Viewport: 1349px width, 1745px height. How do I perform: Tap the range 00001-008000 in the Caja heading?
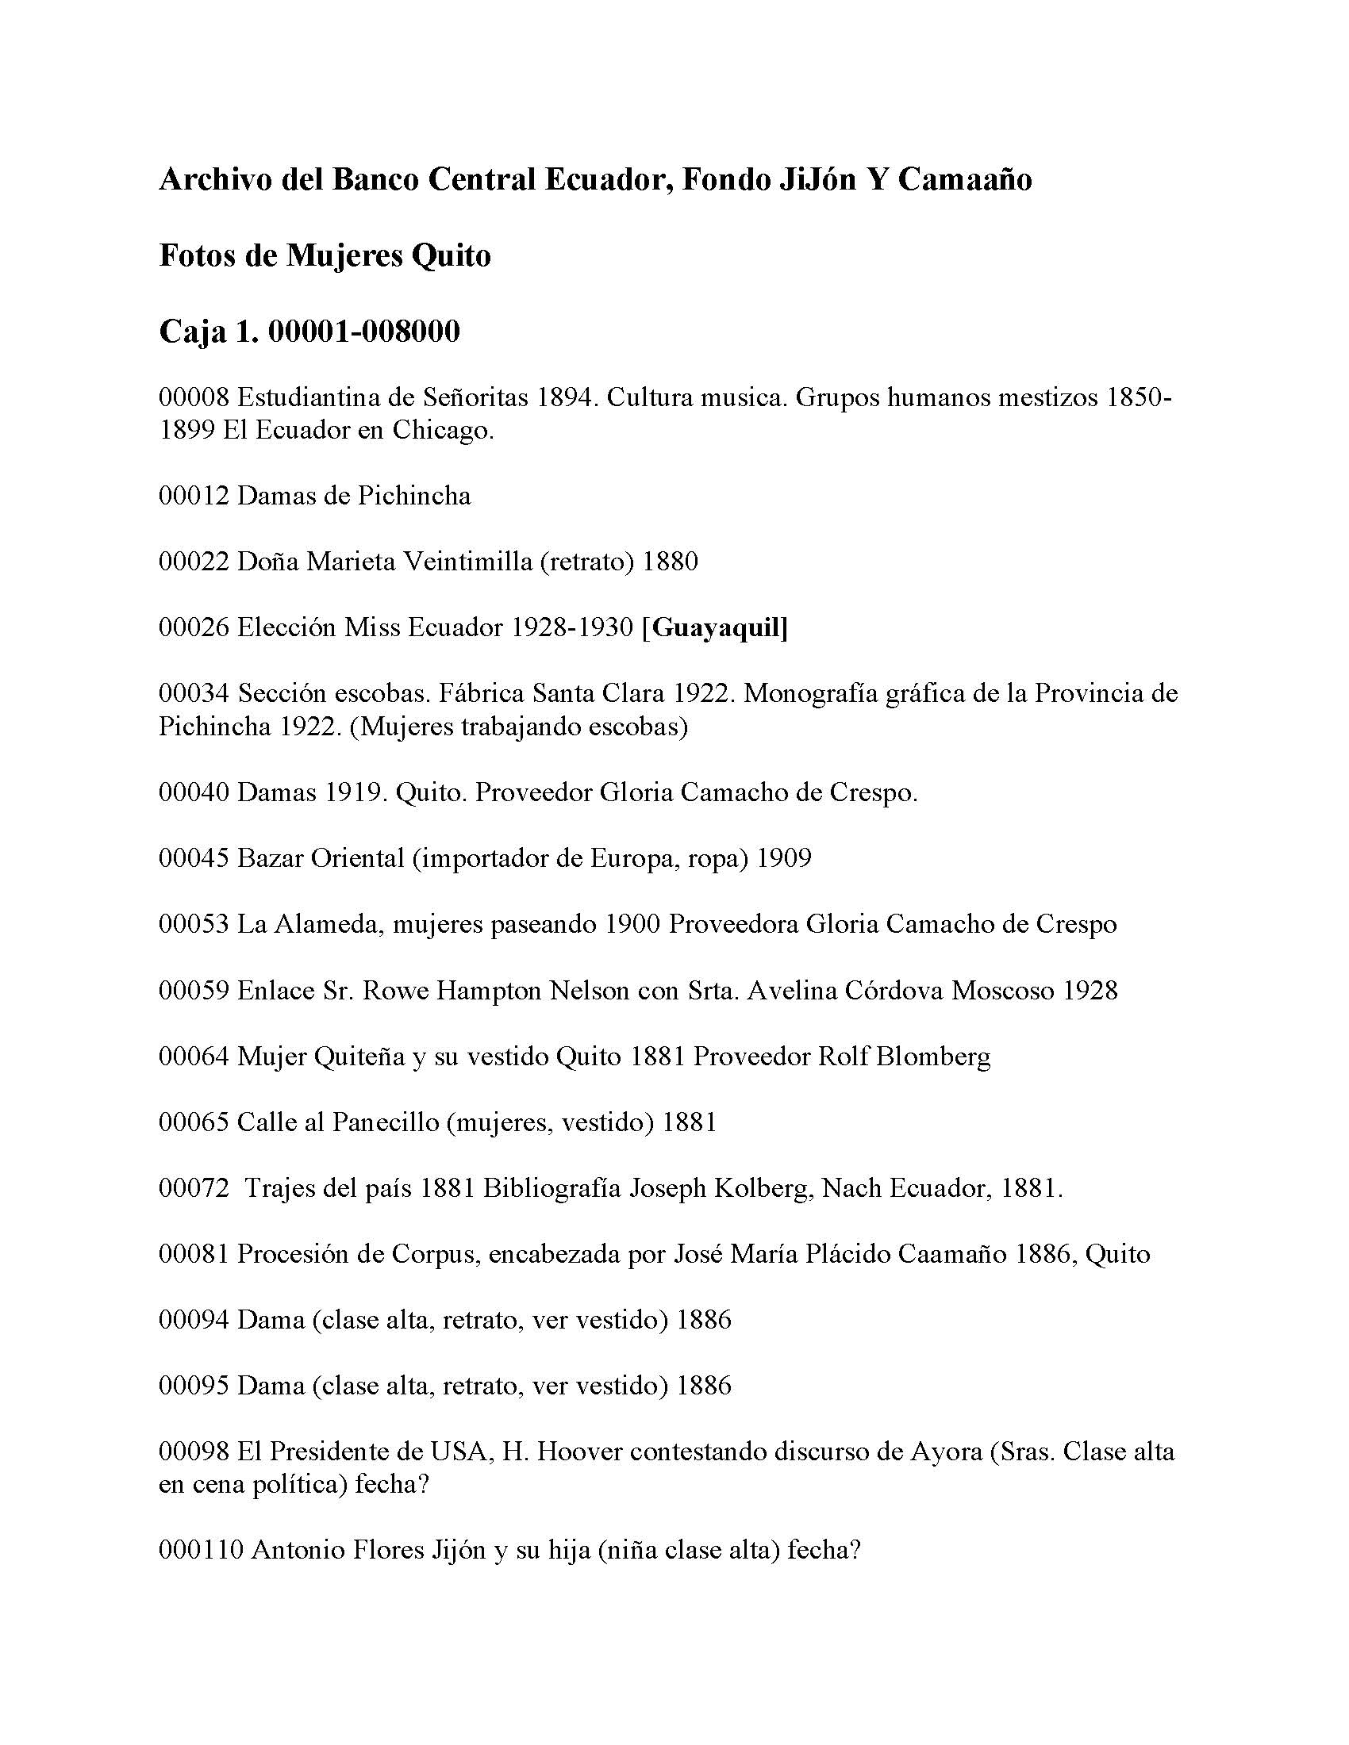tap(363, 332)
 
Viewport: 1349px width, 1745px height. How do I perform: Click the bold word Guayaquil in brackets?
tap(716, 628)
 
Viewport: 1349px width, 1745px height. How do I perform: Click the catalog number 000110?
tap(201, 1550)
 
